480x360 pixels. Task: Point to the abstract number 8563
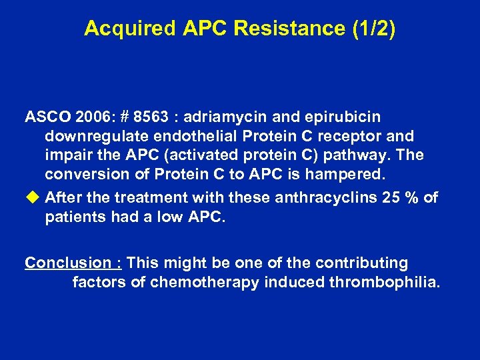tap(148, 117)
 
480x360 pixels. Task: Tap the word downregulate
tap(93, 137)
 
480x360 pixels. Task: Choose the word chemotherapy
tap(204, 282)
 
